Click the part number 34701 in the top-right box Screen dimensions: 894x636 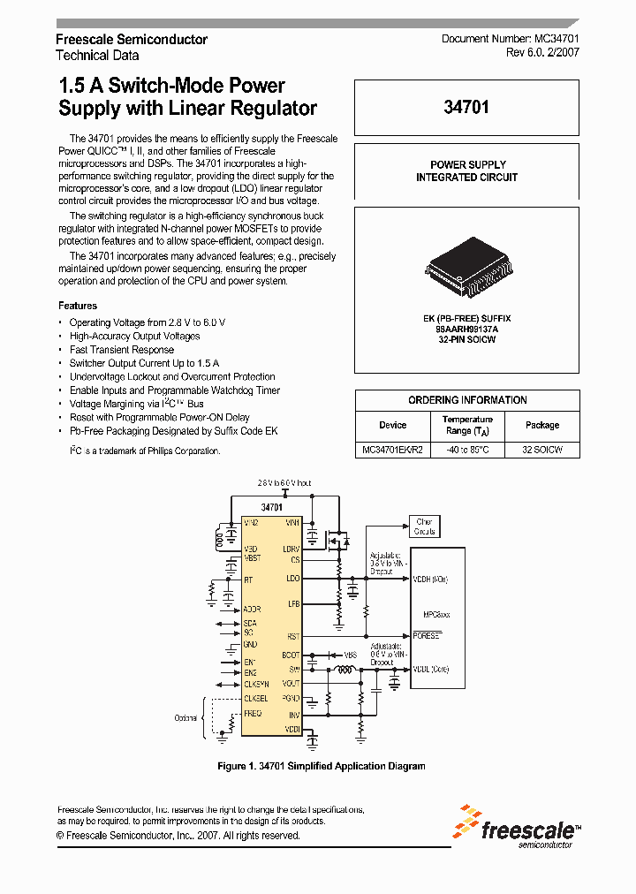466,108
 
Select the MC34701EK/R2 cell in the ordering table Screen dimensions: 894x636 392,450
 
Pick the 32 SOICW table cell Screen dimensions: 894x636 541,450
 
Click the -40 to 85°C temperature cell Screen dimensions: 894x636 467,450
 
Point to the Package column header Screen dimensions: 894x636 541,425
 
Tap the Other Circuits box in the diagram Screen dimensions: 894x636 424,527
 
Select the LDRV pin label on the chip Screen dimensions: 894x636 291,549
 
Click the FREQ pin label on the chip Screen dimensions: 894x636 253,713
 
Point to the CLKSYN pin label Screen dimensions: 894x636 257,685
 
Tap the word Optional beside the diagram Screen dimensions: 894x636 185,718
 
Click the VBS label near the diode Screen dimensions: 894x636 351,655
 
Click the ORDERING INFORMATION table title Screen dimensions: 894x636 467,400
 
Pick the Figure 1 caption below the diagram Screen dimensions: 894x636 321,766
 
